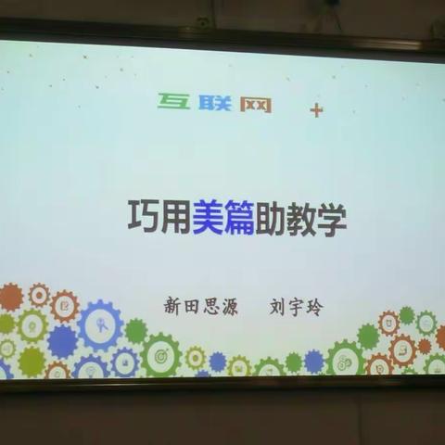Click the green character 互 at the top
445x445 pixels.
coord(173,101)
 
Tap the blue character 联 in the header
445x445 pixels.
coord(213,102)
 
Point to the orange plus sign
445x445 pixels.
coord(316,109)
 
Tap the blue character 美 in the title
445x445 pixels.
coord(207,219)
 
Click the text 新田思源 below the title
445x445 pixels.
coord(200,307)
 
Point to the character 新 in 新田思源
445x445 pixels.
coord(172,307)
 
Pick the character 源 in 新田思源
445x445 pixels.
coord(229,307)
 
